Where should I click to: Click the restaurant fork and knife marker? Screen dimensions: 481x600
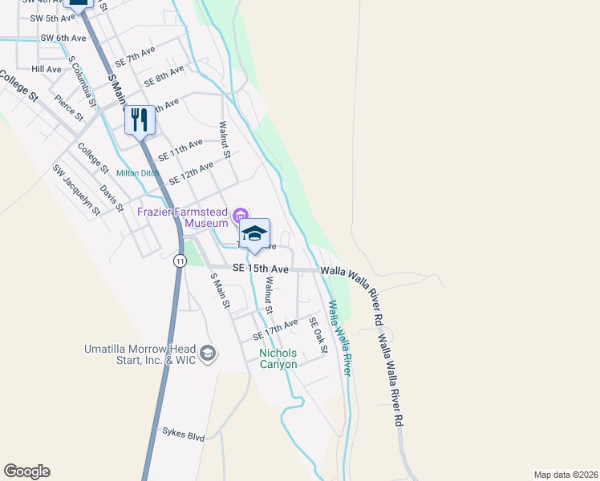pyautogui.click(x=140, y=120)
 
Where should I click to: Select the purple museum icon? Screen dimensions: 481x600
pyautogui.click(x=239, y=215)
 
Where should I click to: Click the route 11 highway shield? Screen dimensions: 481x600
pyautogui.click(x=180, y=261)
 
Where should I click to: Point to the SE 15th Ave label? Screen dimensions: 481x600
pyautogui.click(x=260, y=269)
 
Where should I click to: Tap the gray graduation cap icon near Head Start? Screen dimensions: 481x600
pyautogui.click(x=208, y=354)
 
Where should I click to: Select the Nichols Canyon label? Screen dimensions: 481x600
pyautogui.click(x=278, y=358)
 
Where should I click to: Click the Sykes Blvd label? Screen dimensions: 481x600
pyautogui.click(x=183, y=437)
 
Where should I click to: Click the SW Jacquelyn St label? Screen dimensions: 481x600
pyautogui.click(x=76, y=190)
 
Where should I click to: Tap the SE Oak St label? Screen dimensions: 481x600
pyautogui.click(x=318, y=335)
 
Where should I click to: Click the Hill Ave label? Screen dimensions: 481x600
pyautogui.click(x=47, y=70)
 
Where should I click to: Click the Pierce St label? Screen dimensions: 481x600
pyautogui.click(x=69, y=107)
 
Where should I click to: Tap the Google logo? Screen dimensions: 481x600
pyautogui.click(x=26, y=471)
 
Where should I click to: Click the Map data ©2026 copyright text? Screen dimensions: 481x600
pyautogui.click(x=565, y=474)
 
